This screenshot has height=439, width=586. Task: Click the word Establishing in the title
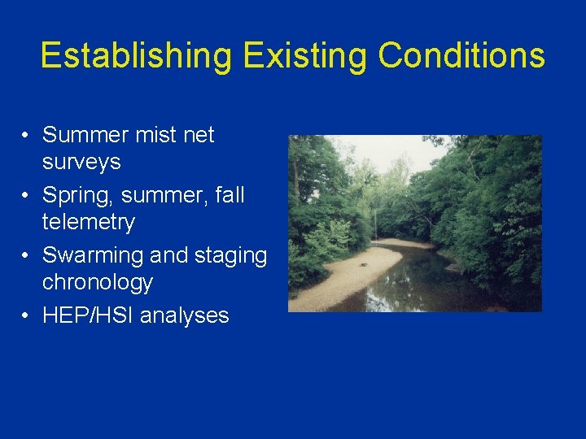click(135, 56)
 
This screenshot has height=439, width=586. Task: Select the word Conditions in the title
click(461, 56)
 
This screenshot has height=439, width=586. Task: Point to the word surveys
click(81, 162)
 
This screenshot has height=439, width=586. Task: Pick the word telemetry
click(89, 222)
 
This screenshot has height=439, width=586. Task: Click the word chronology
click(98, 282)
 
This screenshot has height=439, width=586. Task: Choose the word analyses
click(185, 315)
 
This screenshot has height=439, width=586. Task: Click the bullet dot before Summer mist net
click(27, 136)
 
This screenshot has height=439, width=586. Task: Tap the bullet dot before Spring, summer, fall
click(27, 196)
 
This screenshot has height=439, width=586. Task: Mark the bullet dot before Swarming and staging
click(27, 256)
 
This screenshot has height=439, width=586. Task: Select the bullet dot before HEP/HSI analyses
click(27, 316)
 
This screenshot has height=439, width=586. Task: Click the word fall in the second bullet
click(228, 196)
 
